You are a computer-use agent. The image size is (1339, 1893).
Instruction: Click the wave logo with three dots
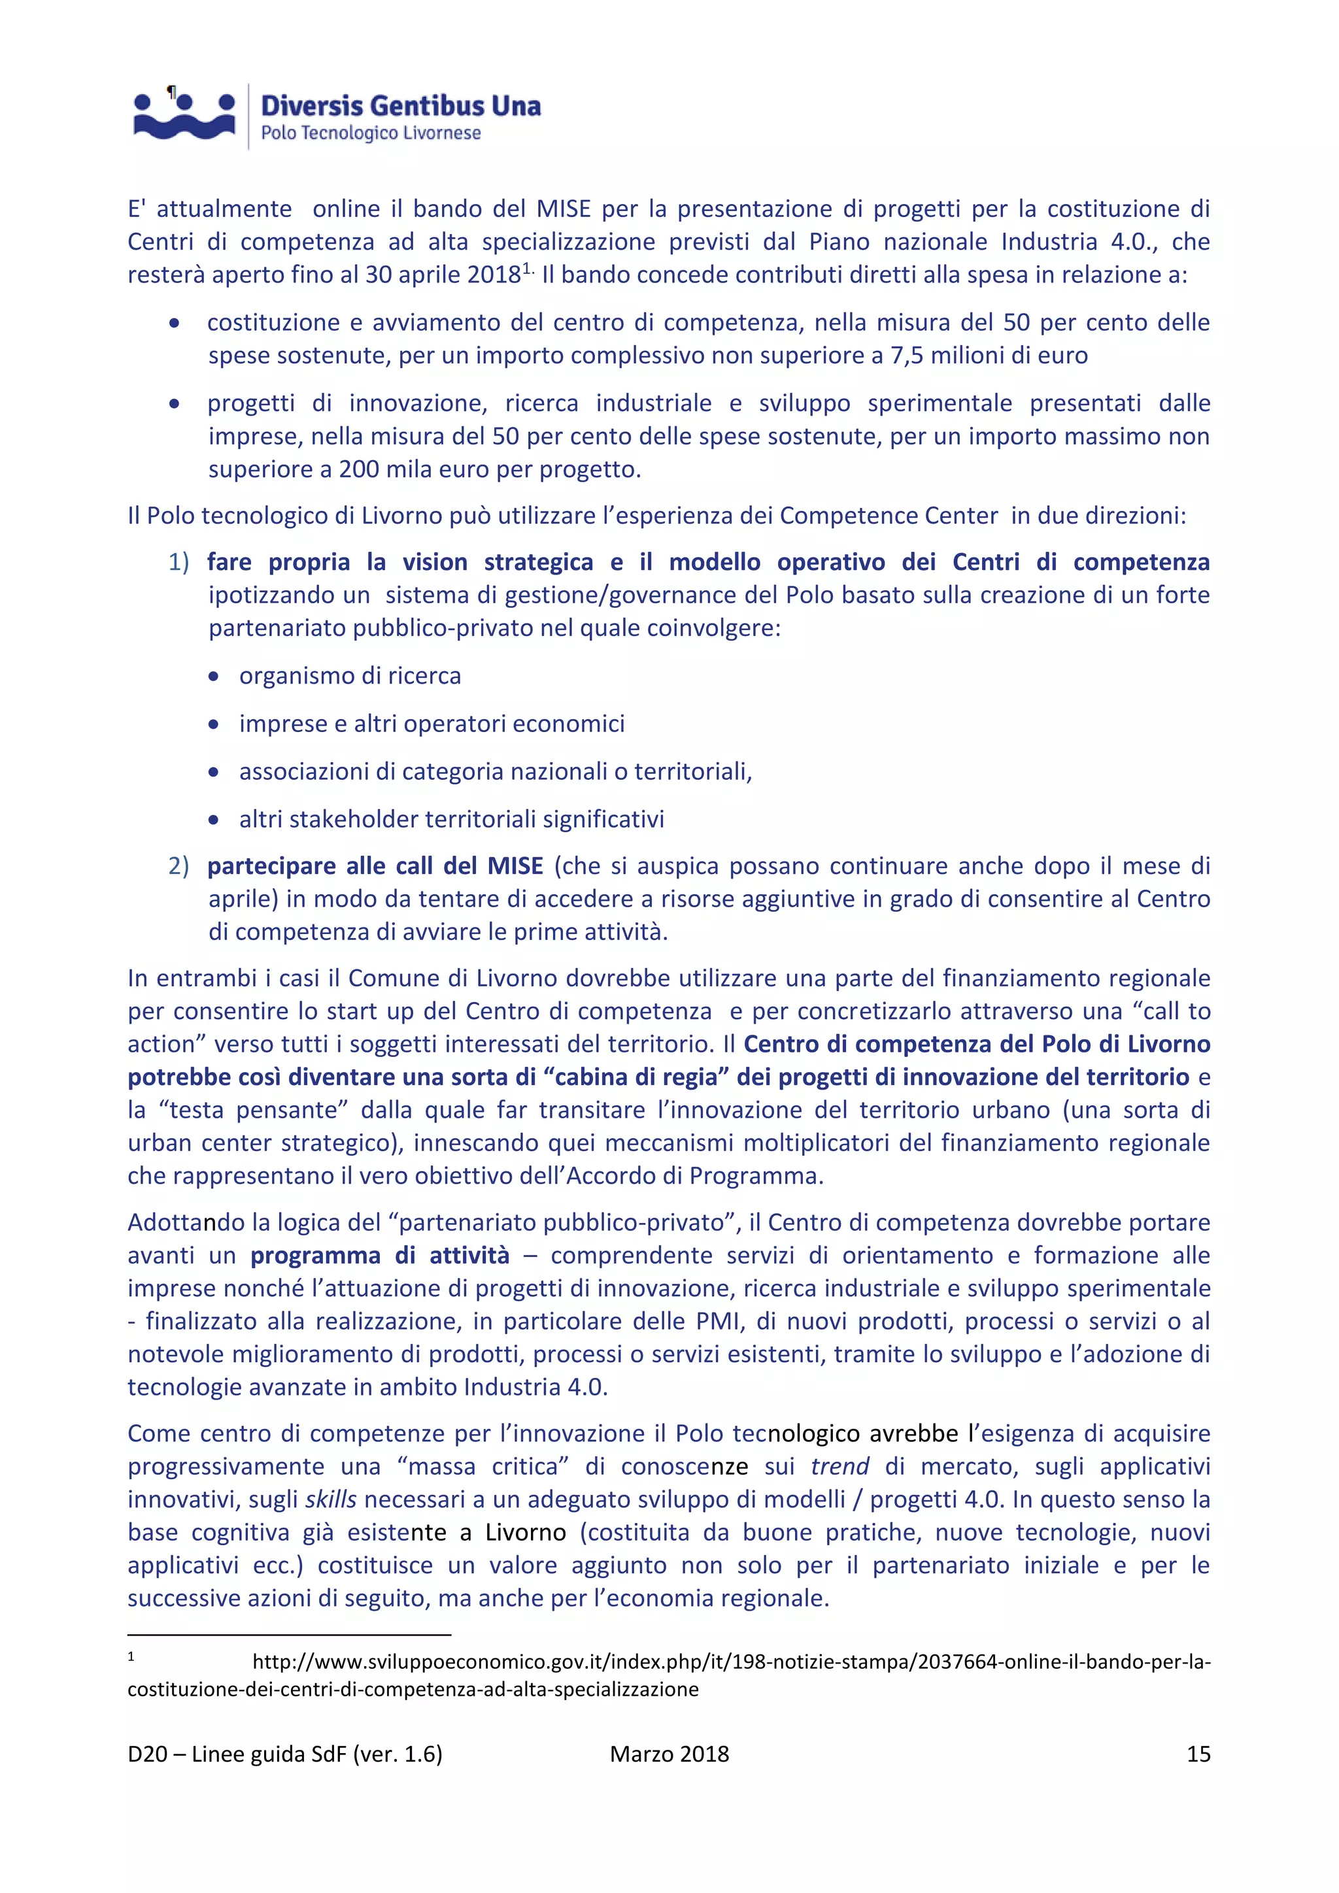(x=184, y=116)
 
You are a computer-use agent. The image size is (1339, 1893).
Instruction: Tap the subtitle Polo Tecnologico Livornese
(x=370, y=133)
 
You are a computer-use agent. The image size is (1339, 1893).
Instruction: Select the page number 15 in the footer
(x=1197, y=1754)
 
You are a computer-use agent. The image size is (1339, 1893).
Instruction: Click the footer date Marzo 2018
(x=669, y=1754)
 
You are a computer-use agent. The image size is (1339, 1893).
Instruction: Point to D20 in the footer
(x=148, y=1754)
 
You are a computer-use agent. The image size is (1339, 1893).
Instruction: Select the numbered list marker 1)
(x=178, y=562)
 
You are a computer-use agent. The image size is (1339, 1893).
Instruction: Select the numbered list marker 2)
(x=178, y=865)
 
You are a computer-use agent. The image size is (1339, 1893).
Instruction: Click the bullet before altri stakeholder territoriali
(x=214, y=820)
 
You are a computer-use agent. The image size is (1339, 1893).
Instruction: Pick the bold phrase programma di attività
(x=379, y=1256)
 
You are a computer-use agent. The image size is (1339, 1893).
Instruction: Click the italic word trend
(x=839, y=1467)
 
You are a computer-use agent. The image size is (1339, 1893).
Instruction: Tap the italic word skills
(x=331, y=1499)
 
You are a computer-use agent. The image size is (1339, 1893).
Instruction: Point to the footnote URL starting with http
(x=730, y=1662)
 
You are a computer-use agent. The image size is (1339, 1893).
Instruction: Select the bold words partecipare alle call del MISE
(x=375, y=865)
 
